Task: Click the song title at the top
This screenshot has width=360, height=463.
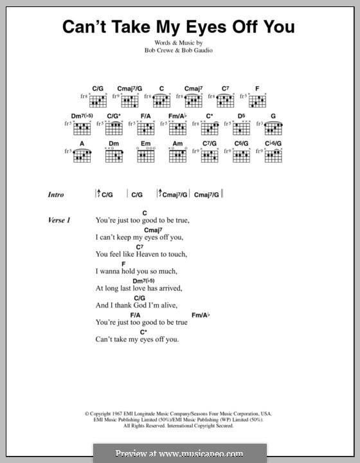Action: (179, 26)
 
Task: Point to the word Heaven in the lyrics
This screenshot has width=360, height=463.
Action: (151, 254)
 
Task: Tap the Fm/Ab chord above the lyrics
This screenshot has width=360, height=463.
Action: (201, 314)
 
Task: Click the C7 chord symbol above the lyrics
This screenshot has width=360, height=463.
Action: (139, 247)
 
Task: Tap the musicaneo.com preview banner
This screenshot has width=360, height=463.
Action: (179, 452)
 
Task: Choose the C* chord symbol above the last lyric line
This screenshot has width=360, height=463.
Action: (144, 331)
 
